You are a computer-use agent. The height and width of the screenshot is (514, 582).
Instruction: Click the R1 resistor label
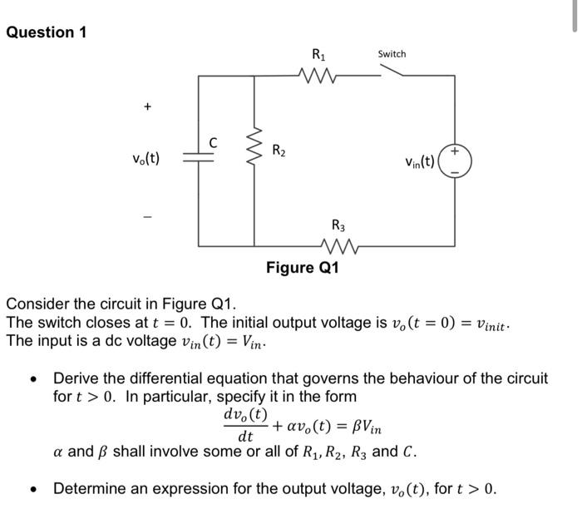(318, 56)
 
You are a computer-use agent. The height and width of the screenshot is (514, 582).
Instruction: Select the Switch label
(392, 54)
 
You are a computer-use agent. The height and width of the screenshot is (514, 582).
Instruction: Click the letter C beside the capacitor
(214, 143)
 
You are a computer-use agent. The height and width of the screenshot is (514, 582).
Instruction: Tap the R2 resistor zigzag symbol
(254, 153)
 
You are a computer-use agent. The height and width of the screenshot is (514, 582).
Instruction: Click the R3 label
(338, 224)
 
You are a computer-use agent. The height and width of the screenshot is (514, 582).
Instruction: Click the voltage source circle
(455, 161)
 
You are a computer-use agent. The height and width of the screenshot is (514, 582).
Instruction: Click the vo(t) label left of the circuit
(145, 159)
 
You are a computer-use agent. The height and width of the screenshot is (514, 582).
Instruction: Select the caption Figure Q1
(302, 268)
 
